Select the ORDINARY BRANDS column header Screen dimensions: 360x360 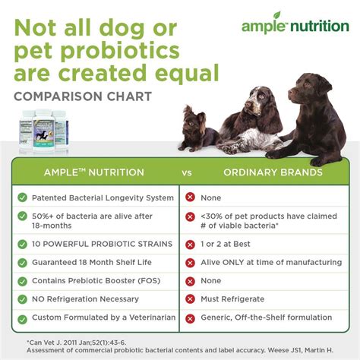click(272, 172)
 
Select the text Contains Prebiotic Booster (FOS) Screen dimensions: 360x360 click(98, 281)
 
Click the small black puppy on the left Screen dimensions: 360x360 click(196, 127)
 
